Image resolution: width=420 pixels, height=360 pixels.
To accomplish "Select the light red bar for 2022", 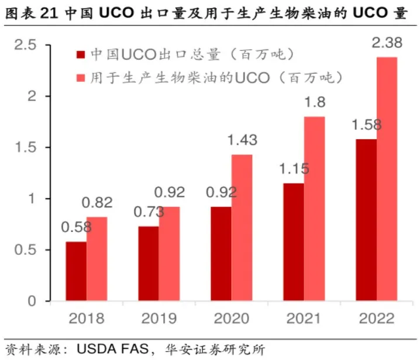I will [x=387, y=179].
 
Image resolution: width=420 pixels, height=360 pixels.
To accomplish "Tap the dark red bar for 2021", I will [x=293, y=242].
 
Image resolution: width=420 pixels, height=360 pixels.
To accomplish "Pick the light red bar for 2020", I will [x=242, y=228].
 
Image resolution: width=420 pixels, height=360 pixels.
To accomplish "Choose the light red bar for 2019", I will [x=169, y=254].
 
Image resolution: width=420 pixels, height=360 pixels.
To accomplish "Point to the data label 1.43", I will [x=242, y=140].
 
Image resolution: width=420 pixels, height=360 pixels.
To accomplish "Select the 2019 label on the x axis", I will [x=159, y=319].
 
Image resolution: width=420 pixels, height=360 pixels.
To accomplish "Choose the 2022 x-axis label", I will [x=376, y=319].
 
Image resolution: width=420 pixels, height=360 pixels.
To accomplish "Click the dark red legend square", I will [x=81, y=55].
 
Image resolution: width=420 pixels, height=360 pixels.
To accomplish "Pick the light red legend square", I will [x=81, y=77].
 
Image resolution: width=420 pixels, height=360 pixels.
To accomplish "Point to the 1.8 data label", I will [x=314, y=102].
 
